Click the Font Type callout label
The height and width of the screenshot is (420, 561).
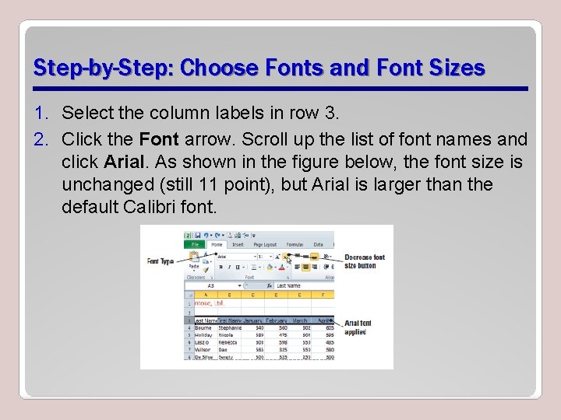pos(159,261)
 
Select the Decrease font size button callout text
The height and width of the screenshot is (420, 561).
pos(365,261)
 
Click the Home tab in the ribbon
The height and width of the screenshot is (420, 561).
pos(216,244)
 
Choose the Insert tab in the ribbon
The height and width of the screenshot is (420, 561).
pos(238,244)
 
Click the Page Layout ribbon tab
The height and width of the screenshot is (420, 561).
pos(264,244)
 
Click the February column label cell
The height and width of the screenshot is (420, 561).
pos(277,320)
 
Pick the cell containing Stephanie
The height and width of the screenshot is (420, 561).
pos(229,328)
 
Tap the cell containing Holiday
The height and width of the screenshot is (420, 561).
pos(204,335)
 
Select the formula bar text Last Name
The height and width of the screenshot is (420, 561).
pos(288,285)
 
